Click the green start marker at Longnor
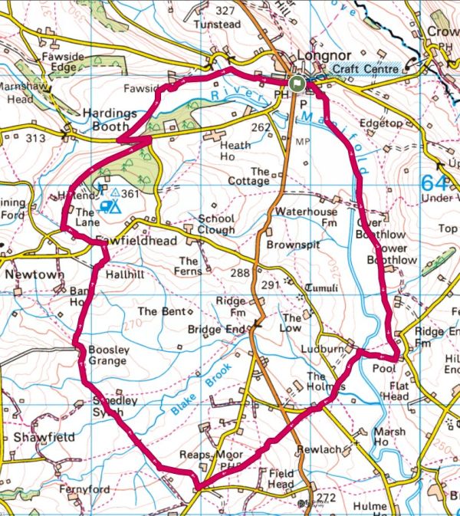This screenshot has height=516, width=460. pos(297,84)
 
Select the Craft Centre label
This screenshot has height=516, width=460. pos(366,70)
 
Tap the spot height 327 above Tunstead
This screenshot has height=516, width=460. pos(246,10)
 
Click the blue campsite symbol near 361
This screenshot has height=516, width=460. pos(112,205)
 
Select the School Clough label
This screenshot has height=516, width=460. pos(216,224)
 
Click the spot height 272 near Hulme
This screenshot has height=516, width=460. pos(327,498)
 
